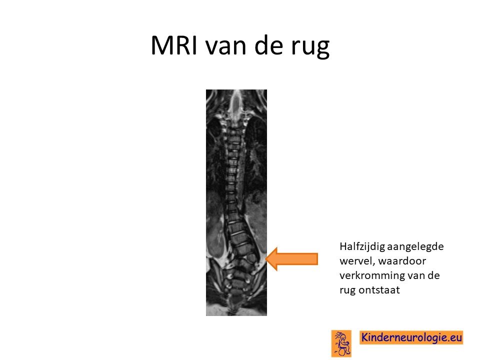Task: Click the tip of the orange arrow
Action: tap(265, 259)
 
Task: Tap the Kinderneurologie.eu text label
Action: tap(411, 337)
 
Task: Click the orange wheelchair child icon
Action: tap(341, 343)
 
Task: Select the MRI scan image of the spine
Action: tap(236, 202)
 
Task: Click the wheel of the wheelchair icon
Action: tap(344, 351)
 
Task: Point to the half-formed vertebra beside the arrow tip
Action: tap(250, 258)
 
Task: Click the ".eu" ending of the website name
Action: tap(454, 337)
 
